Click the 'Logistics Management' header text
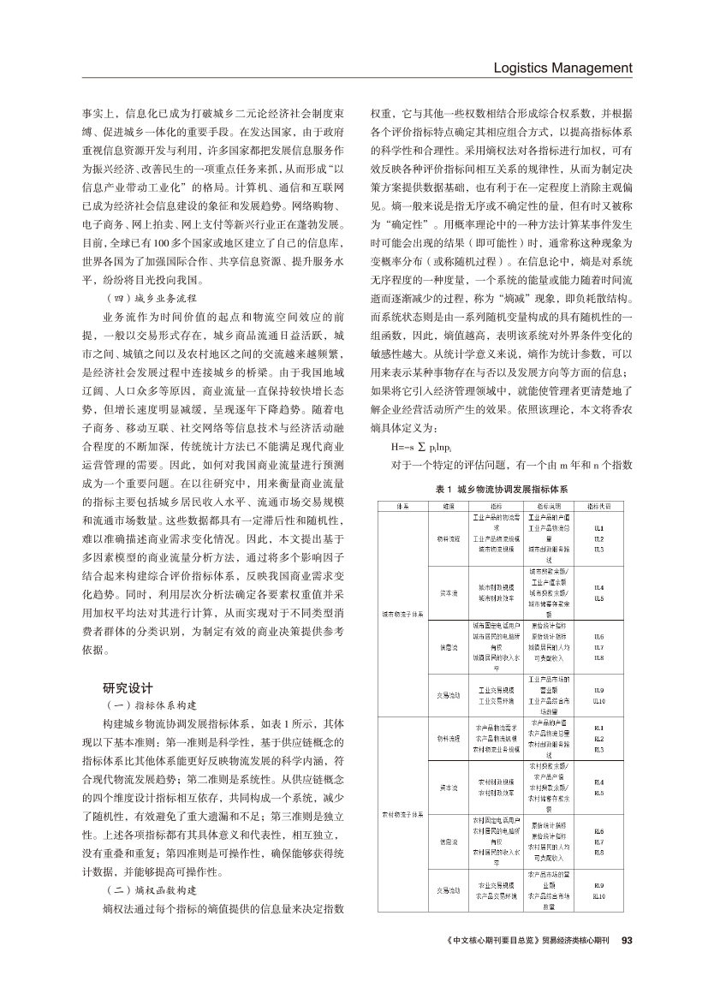tap(562, 68)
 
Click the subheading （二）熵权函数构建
tap(147, 890)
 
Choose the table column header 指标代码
tap(599, 507)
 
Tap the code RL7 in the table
tap(599, 841)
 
